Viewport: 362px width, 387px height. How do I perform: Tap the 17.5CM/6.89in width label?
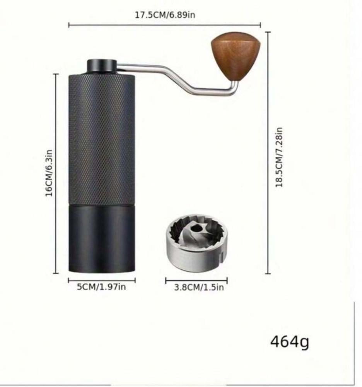[x=165, y=15]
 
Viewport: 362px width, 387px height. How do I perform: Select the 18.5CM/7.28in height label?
[x=279, y=157]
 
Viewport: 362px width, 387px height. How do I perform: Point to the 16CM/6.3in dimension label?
[x=49, y=173]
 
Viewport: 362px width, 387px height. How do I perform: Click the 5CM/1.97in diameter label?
[x=101, y=287]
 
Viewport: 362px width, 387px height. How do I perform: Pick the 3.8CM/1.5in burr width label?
[x=199, y=287]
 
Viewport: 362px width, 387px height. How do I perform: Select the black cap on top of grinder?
[x=102, y=66]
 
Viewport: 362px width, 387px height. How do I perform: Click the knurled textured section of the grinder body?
[x=102, y=139]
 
